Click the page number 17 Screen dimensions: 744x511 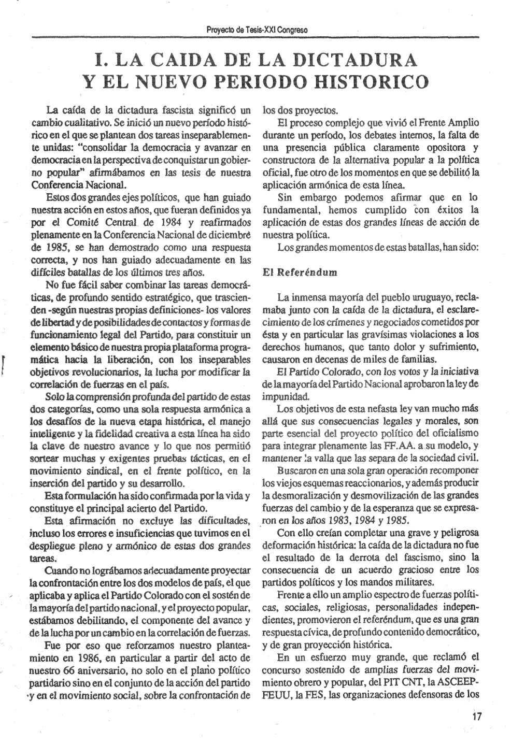click(477, 717)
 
